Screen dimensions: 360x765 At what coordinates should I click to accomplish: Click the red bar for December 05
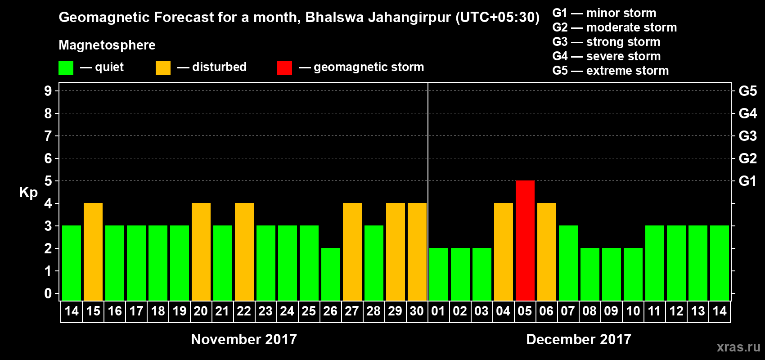pos(525,240)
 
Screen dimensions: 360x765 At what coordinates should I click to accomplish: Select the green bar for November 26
pos(330,274)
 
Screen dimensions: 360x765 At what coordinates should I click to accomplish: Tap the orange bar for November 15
pos(93,252)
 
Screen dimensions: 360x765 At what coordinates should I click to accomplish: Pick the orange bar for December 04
pos(503,252)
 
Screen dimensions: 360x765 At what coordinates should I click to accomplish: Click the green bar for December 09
pos(611,274)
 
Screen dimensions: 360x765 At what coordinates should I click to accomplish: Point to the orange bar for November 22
pos(244,252)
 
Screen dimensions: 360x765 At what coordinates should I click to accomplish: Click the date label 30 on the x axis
pos(417,311)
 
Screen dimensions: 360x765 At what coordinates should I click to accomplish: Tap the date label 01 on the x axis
pos(438,311)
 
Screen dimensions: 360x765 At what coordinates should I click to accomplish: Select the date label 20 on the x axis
pos(201,311)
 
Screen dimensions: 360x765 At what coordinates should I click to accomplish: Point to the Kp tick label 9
pos(48,91)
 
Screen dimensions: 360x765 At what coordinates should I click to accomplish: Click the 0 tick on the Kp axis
pos(48,294)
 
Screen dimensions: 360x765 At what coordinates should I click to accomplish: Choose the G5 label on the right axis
pos(747,91)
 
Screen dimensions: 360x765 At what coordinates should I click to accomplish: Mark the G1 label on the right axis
pos(747,181)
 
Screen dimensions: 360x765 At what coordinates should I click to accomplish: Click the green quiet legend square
pos(66,68)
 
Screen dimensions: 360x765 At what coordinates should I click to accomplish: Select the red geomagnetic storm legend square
pos(284,68)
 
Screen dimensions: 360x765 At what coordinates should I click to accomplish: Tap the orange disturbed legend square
pos(163,68)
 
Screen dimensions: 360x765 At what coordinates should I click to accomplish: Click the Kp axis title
pos(28,193)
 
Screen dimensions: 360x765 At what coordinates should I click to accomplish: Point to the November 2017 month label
pos(244,339)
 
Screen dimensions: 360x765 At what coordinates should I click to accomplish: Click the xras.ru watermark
pos(738,347)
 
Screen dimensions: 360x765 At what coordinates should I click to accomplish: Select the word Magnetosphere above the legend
pos(107,45)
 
